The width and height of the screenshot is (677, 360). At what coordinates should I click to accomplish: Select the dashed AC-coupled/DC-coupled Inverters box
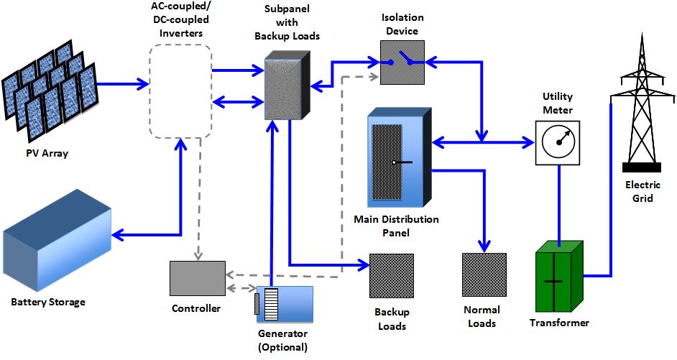180,90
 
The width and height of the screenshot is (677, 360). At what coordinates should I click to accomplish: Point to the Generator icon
285,304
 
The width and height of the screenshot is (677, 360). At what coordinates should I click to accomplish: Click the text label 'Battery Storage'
48,302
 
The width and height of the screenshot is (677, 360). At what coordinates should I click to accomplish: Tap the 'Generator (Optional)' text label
282,341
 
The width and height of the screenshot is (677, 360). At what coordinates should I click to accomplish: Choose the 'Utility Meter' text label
558,103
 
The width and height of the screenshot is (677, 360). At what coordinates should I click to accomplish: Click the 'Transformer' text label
559,323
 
